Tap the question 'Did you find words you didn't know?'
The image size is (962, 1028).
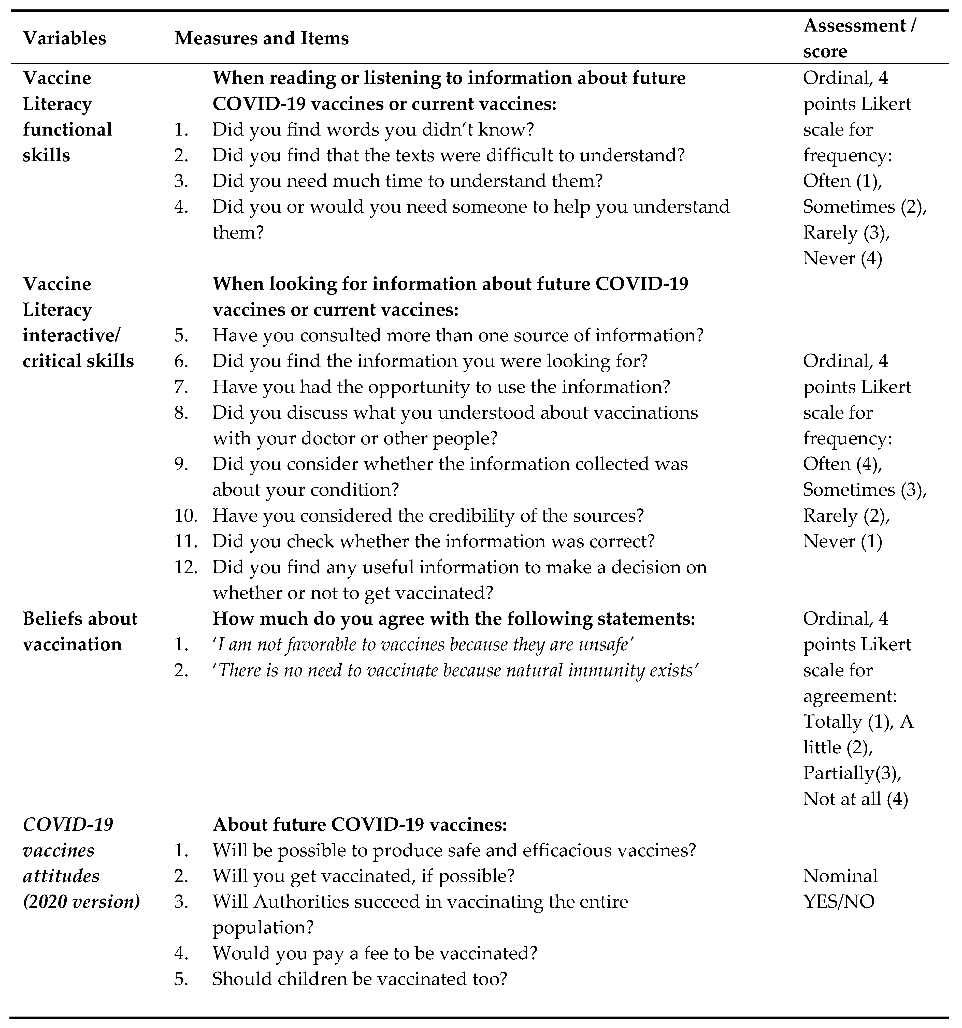372,129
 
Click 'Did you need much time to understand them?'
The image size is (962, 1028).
408,181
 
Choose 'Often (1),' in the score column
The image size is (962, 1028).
842,181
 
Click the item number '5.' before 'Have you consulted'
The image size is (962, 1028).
181,335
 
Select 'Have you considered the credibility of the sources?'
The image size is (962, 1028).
428,516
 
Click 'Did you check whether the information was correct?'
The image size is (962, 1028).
433,541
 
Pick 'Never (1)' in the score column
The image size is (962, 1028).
842,541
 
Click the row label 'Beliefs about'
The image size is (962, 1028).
80,619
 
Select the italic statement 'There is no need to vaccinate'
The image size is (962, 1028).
455,670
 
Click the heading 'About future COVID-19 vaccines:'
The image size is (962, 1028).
360,825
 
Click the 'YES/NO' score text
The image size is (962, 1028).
838,902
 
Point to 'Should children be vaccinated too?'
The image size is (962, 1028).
360,979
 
